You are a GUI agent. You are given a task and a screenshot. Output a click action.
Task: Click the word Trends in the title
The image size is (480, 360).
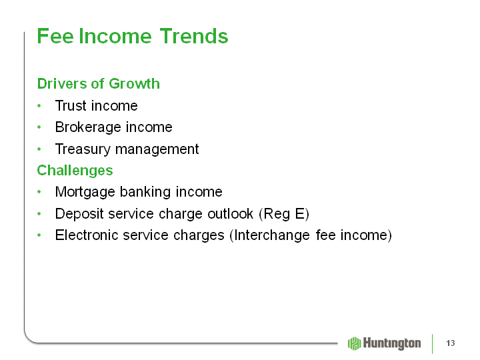194,36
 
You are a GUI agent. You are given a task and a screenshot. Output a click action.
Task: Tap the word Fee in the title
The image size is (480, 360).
55,36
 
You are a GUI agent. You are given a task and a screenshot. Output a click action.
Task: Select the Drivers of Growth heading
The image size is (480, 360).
98,83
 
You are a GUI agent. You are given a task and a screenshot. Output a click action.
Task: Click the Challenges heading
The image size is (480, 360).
75,171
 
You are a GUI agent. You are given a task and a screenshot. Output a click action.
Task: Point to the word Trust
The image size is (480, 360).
71,105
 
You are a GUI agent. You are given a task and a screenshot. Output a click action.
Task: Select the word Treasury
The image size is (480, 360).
83,149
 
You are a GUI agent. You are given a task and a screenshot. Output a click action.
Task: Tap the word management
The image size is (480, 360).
157,149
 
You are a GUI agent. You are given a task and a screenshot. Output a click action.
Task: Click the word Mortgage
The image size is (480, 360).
85,192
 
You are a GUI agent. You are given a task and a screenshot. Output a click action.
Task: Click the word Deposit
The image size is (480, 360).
79,214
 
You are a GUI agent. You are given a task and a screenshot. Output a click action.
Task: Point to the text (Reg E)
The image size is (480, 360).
284,214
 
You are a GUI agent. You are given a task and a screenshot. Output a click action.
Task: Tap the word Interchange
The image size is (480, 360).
270,235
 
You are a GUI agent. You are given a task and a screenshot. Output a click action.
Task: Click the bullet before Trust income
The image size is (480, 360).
39,106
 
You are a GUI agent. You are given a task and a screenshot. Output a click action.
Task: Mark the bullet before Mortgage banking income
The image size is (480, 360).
39,192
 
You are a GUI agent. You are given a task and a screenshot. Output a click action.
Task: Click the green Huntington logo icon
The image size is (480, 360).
355,343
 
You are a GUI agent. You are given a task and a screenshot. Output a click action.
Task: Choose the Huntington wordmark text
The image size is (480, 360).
392,343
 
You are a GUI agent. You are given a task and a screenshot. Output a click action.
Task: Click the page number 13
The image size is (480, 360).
451,343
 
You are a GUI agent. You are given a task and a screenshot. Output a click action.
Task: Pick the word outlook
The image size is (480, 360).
231,214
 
